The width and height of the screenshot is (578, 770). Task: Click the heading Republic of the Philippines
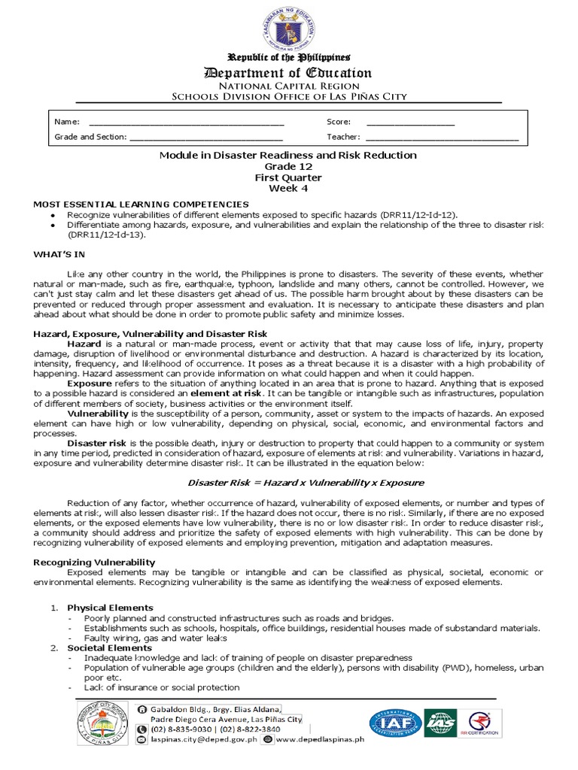pos(289,58)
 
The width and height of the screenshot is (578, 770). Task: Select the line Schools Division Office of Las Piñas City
pos(289,96)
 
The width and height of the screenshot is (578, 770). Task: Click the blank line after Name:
pos(186,123)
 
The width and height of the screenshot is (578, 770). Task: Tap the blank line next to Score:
pos(410,123)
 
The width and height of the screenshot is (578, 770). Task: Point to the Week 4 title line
pos(288,189)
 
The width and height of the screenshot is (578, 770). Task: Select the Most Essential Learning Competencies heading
pos(141,205)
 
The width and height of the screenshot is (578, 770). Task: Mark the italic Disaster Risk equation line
pos(288,482)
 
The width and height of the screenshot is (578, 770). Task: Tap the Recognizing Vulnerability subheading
pos(94,562)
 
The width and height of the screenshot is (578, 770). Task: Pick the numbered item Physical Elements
pos(110,608)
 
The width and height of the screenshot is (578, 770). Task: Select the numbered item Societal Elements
pos(109,648)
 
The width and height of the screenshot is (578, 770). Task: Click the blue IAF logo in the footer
pos(395,723)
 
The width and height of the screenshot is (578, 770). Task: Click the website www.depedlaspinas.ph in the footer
pos(321,740)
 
